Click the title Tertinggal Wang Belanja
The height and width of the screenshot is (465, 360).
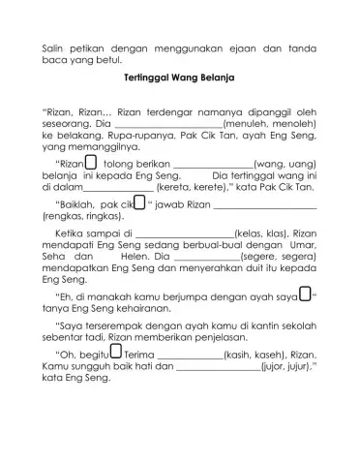coord(181,74)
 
